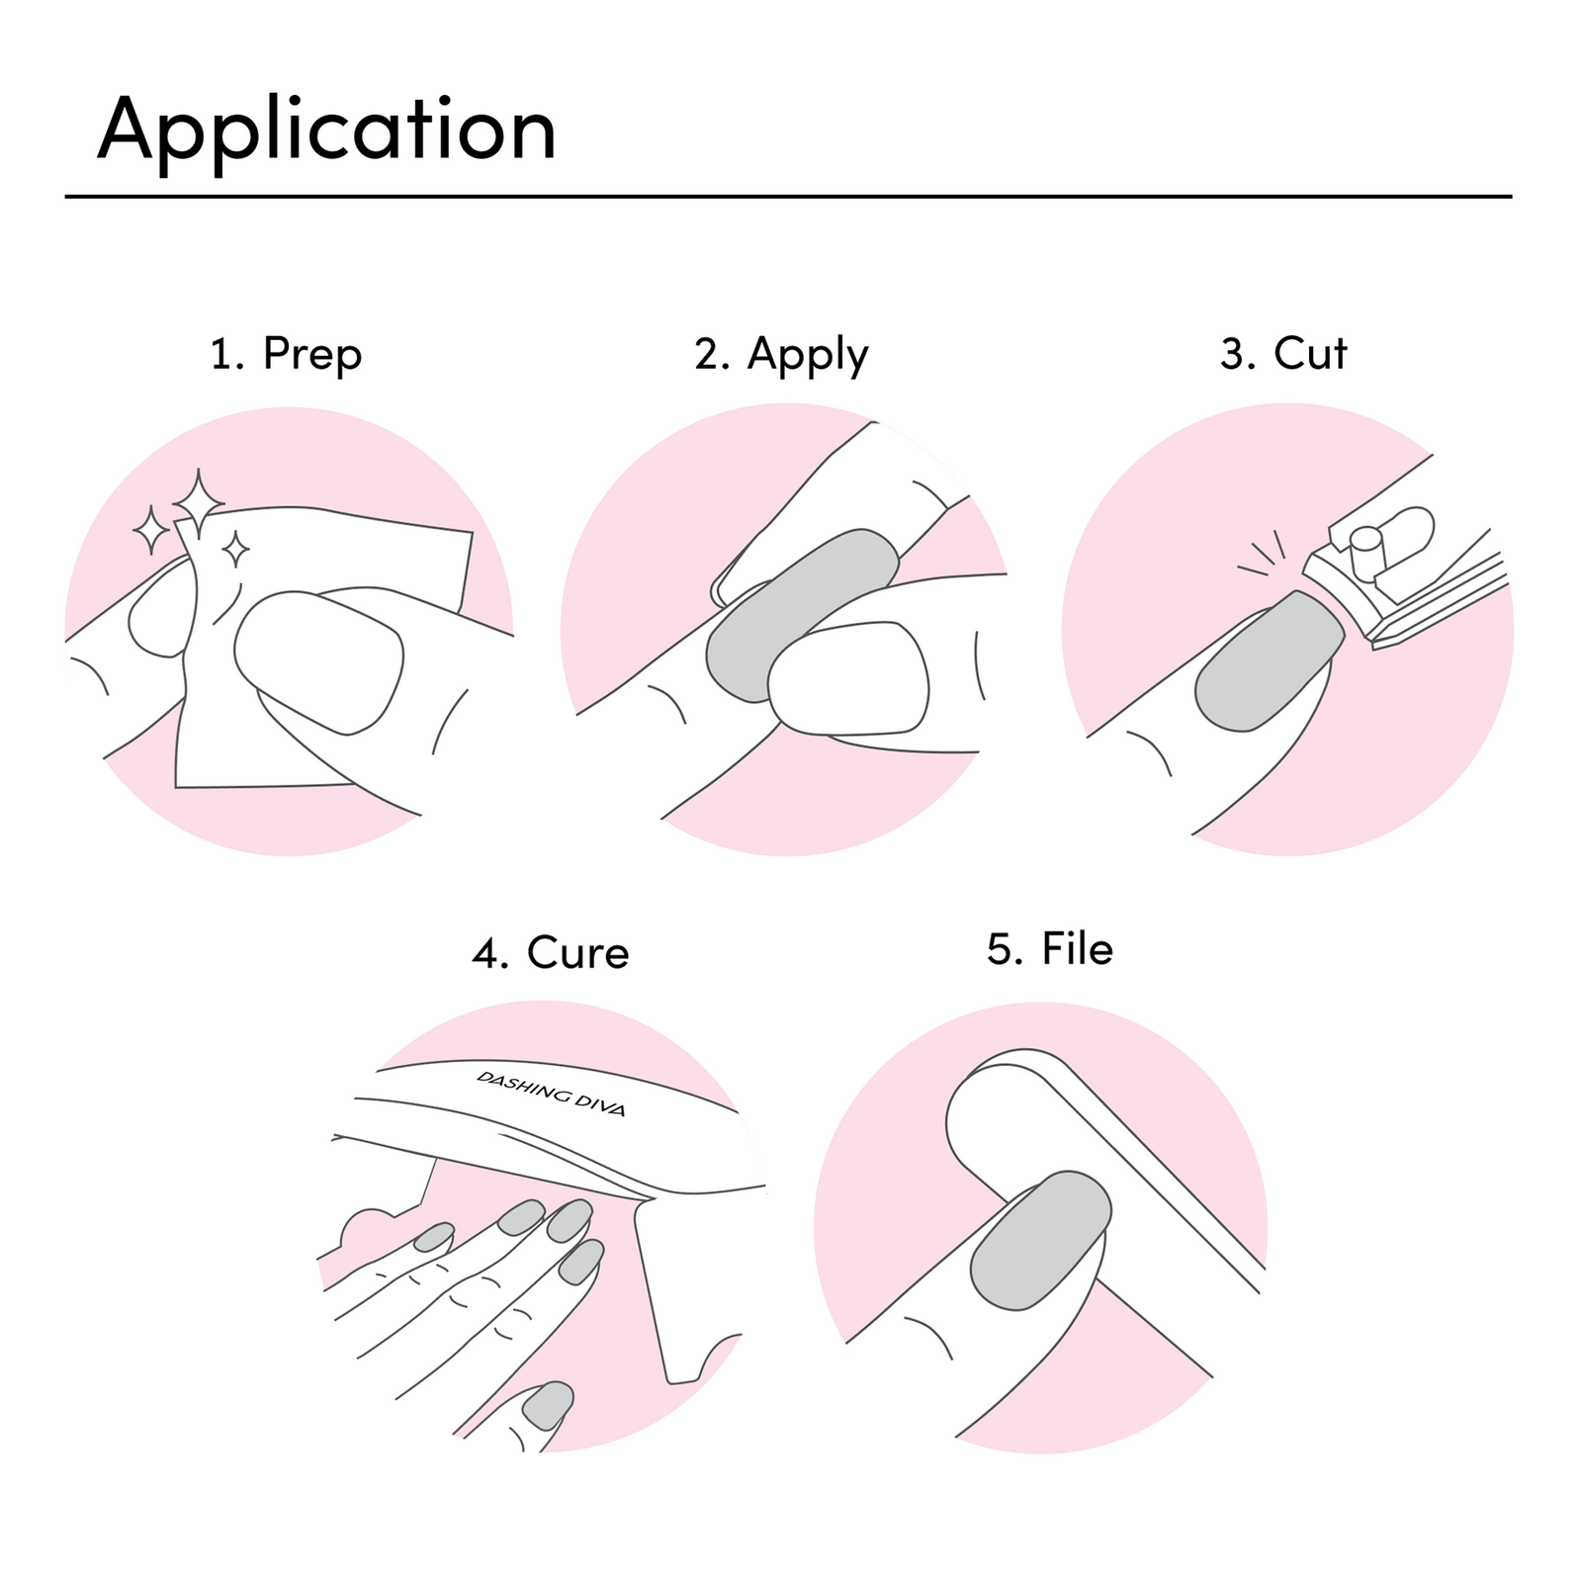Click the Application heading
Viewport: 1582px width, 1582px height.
(326, 131)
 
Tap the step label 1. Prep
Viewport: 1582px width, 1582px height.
(286, 354)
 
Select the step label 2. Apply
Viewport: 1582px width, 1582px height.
(781, 354)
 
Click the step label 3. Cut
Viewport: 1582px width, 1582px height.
(1282, 354)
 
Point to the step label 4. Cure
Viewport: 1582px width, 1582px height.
(550, 953)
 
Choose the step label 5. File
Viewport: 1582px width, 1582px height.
(1049, 949)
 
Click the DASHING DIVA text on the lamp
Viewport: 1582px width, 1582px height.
(551, 1093)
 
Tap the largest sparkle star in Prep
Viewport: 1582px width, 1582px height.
(199, 502)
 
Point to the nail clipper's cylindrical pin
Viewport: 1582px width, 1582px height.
(1365, 550)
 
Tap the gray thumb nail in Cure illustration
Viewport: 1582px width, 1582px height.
(548, 1405)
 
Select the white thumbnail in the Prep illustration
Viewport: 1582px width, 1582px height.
(318, 660)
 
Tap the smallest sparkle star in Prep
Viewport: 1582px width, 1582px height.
(235, 549)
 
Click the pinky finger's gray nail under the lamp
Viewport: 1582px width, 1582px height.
(434, 1236)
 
